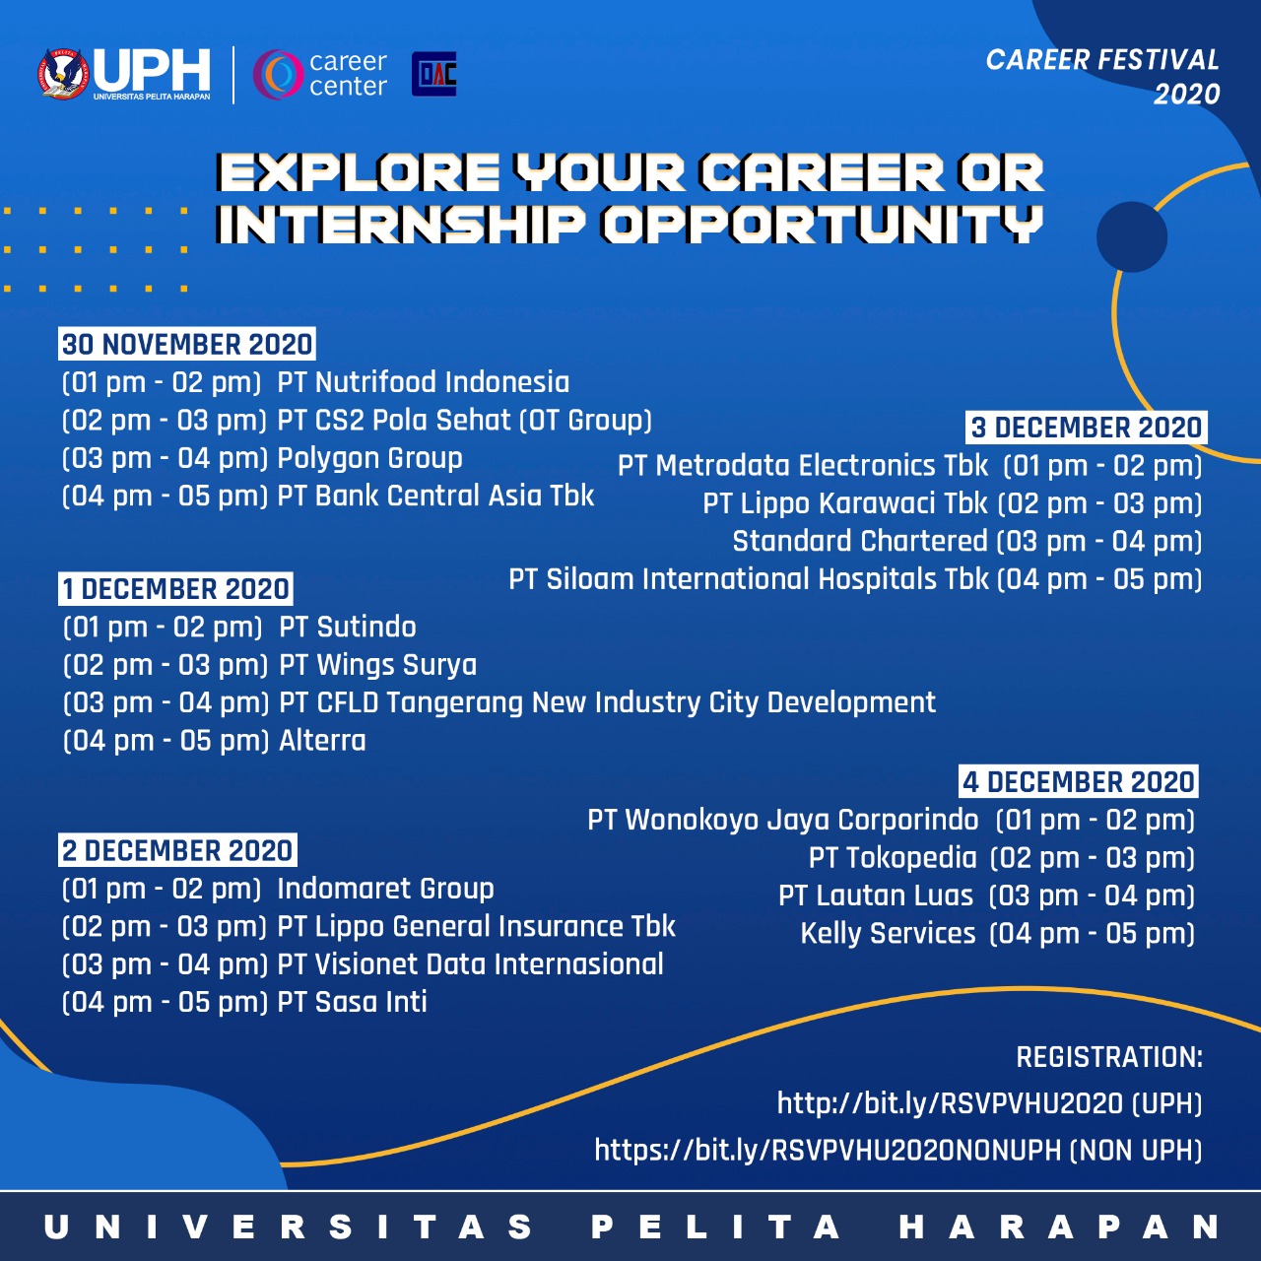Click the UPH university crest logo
pos(63,74)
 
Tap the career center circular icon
pos(278,75)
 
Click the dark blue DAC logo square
pos(433,74)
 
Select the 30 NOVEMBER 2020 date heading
pos(187,344)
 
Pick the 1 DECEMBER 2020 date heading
pos(175,589)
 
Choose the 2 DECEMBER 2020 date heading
pos(177,850)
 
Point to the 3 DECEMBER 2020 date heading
pos(1087,428)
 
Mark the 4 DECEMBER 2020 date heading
pos(1079,781)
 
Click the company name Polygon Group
pos(369,459)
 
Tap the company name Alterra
pos(322,741)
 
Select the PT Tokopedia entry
pos(893,858)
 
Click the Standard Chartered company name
pos(860,541)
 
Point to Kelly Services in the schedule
pos(888,934)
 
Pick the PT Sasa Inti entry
pos(352,1002)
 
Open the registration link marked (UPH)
pos(989,1103)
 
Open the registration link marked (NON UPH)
pos(898,1150)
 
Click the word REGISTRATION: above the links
pos(1109,1057)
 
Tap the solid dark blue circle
pos(1131,236)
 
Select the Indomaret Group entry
pos(385,889)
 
